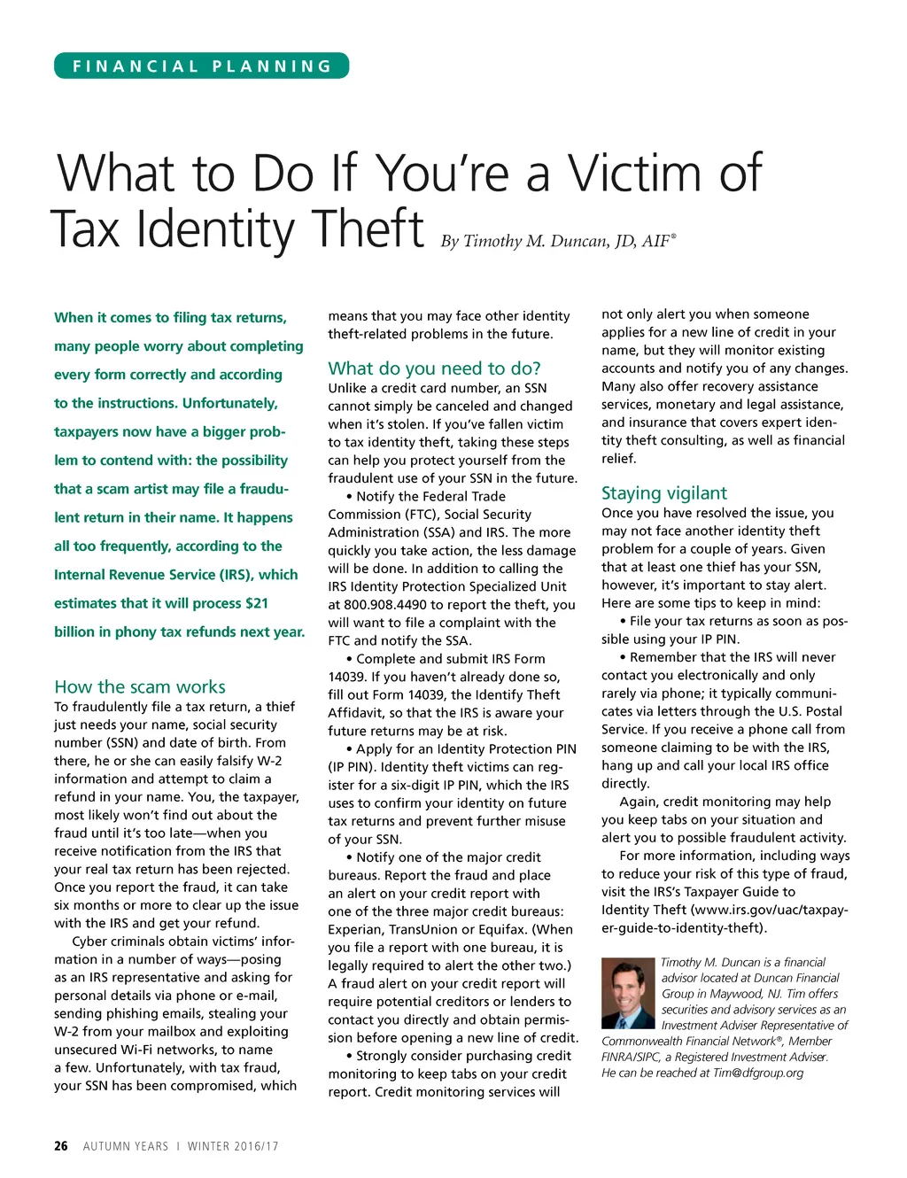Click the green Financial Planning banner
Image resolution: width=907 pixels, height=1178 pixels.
202,66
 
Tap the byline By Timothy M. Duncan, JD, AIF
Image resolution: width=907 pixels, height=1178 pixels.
558,241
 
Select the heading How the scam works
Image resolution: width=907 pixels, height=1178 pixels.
140,686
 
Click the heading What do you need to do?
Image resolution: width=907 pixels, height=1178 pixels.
434,368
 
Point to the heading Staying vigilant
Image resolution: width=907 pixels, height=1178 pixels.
664,493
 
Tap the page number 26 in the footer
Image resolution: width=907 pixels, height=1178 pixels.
60,1146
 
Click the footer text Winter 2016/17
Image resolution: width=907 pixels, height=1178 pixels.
233,1146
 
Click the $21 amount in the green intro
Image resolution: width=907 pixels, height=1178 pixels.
257,603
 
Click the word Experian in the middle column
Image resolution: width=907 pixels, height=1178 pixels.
357,929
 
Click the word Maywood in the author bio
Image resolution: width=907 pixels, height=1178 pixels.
732,994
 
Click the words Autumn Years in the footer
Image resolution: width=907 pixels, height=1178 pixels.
126,1146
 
